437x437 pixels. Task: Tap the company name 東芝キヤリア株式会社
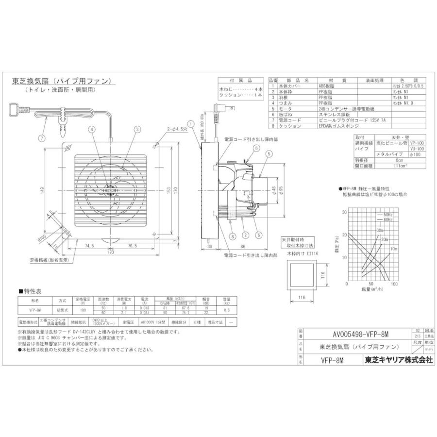(397, 361)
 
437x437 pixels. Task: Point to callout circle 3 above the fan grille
(138, 129)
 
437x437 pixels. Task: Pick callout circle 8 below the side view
(233, 236)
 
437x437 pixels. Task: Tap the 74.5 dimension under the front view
(88, 246)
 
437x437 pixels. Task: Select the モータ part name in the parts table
(285, 109)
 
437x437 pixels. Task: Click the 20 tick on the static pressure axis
(345, 234)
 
